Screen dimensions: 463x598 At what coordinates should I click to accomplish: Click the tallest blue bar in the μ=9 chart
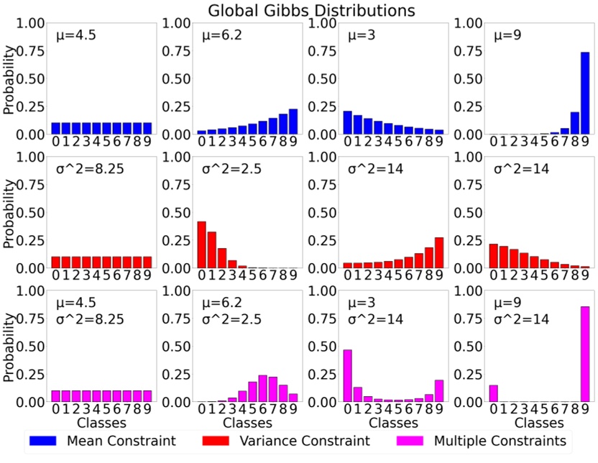[x=584, y=93]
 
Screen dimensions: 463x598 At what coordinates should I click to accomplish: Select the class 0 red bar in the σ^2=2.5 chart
[x=201, y=245]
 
